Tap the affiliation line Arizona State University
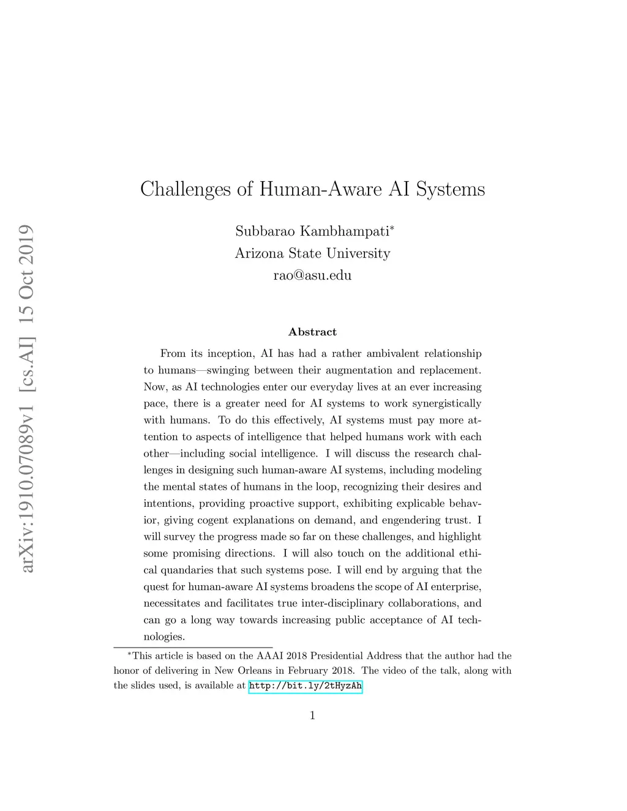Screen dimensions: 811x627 point(312,253)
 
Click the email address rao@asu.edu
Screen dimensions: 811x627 point(312,275)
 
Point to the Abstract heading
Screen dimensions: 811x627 point(312,332)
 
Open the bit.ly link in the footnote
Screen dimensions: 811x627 point(306,686)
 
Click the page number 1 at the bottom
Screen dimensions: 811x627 point(312,716)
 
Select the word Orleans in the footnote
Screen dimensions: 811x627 point(255,671)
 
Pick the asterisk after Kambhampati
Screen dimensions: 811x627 point(392,228)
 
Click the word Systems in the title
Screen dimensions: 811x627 point(450,190)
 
